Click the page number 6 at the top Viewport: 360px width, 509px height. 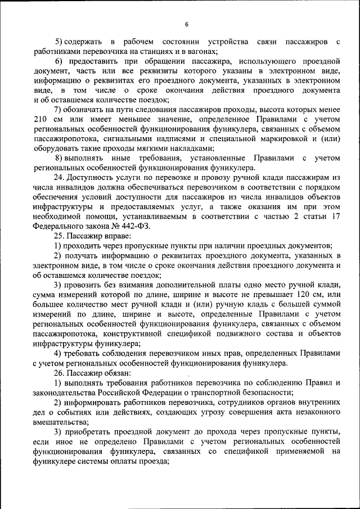pos(186,24)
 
